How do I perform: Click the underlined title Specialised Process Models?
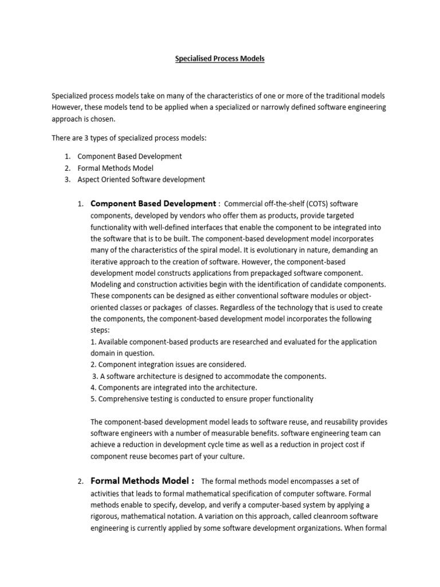pyautogui.click(x=220, y=59)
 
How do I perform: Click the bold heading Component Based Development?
pyautogui.click(x=153, y=204)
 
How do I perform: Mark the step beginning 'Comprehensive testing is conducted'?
pyautogui.click(x=202, y=399)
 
